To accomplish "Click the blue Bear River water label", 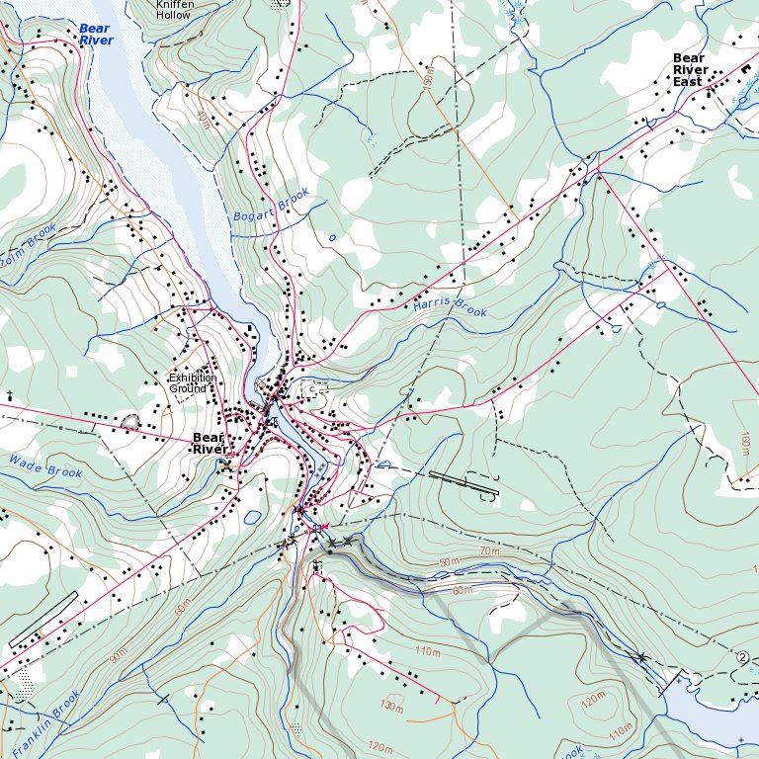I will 95,35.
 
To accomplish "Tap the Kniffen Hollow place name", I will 173,9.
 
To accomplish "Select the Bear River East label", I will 690,70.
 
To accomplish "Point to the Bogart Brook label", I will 272,204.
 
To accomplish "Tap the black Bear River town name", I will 209,443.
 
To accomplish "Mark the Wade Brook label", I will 45,466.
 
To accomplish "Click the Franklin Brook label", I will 45,724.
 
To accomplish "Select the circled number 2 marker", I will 742,656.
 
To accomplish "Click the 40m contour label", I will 203,121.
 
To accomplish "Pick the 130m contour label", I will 392,707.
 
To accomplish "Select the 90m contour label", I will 119,654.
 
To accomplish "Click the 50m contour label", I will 451,562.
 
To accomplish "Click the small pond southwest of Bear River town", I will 252,516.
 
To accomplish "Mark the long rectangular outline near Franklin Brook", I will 42,619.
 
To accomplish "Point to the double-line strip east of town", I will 464,482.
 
